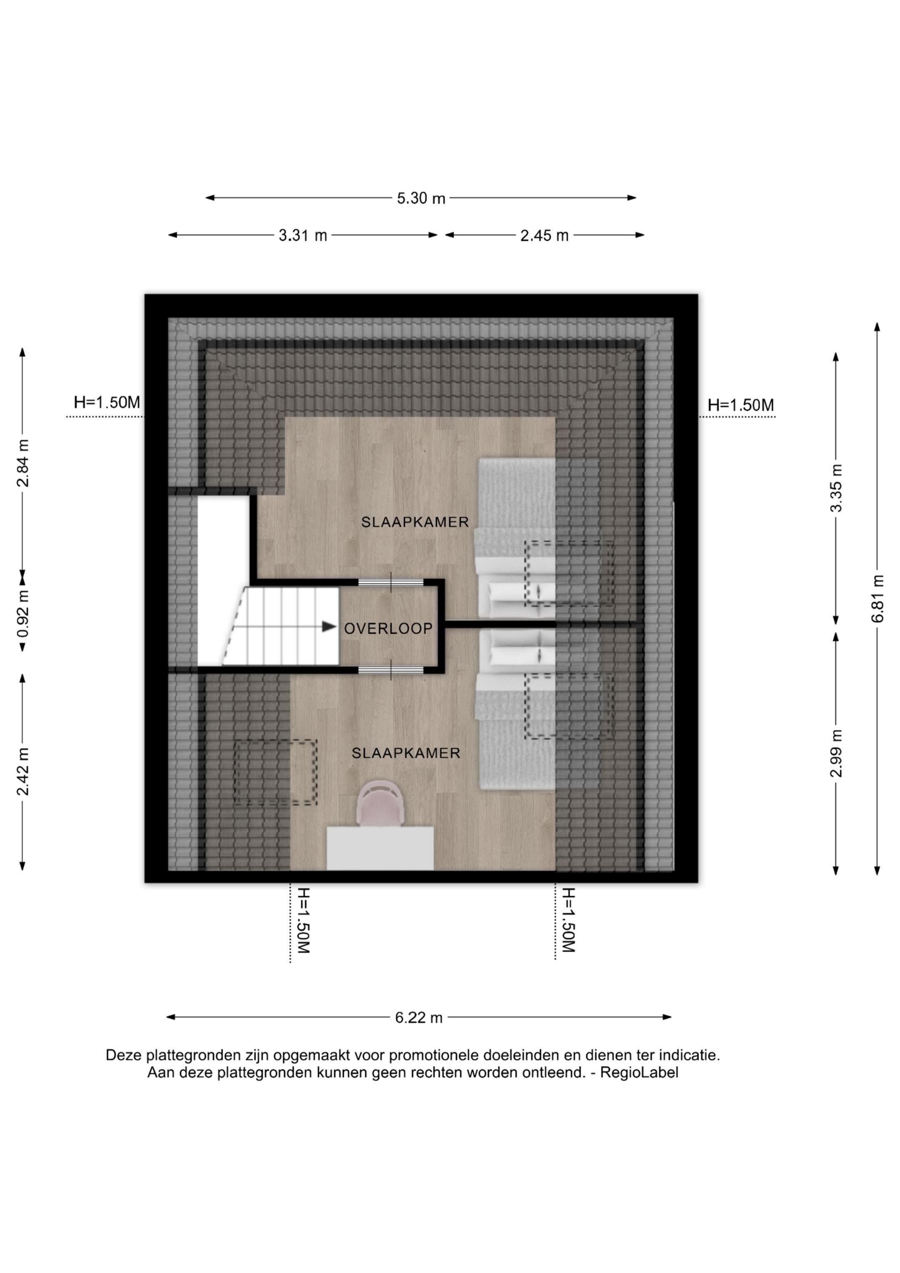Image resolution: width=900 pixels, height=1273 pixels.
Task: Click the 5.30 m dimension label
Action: (x=421, y=198)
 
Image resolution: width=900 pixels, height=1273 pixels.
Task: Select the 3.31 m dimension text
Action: (x=303, y=235)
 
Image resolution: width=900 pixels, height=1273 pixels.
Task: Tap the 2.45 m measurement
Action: (x=545, y=235)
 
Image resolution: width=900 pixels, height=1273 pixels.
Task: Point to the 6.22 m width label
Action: (x=419, y=1018)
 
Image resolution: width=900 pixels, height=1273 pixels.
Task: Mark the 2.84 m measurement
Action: (x=23, y=463)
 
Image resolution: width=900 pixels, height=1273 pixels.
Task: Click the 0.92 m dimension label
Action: (x=23, y=613)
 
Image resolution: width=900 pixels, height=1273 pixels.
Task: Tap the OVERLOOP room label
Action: (x=388, y=629)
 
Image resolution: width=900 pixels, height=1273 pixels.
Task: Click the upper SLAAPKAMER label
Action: (x=415, y=522)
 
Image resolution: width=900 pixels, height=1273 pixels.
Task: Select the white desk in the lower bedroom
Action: (x=380, y=848)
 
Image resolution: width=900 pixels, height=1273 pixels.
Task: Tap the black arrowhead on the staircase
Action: (x=330, y=627)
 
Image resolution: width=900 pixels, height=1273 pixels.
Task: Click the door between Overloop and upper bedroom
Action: (x=391, y=582)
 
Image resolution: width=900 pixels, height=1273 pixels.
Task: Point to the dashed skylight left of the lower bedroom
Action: (x=275, y=772)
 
